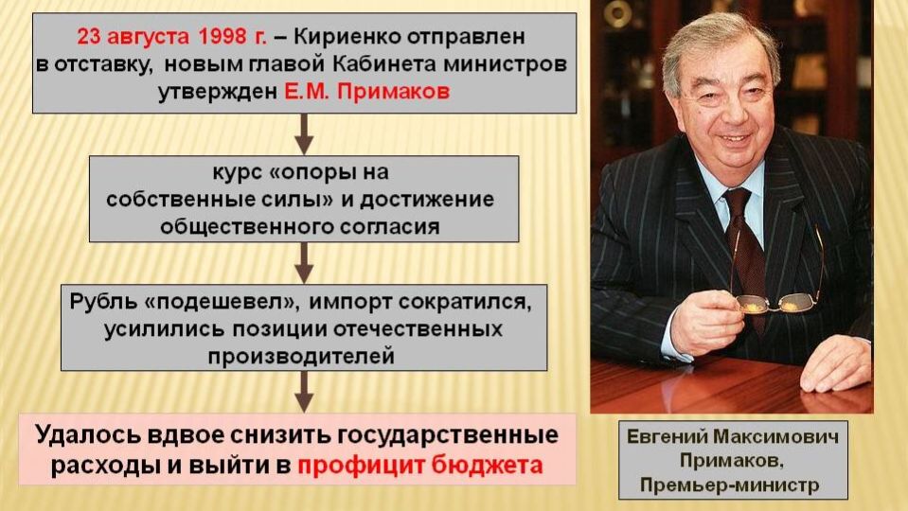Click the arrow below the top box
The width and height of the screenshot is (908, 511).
click(x=303, y=134)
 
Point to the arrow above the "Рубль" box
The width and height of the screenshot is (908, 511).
click(x=303, y=262)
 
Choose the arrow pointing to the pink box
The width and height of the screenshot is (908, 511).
click(x=303, y=390)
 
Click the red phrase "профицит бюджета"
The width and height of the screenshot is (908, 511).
click(x=420, y=466)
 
